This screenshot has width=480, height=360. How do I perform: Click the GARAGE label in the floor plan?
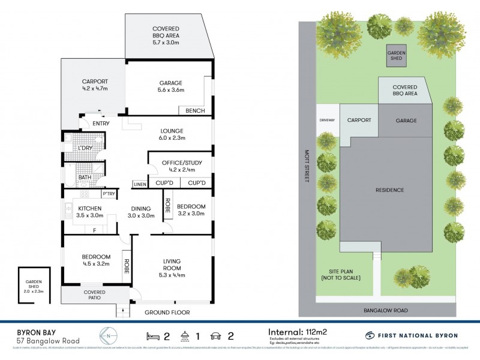tap(167, 83)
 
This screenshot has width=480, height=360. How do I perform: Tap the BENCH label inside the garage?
tap(196, 111)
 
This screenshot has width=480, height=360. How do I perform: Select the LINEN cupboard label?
tap(140, 184)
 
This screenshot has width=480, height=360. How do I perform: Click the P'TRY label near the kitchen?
tap(109, 194)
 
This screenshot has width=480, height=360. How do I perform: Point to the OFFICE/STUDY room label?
tap(182, 163)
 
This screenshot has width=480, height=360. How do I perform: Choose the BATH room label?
tap(84, 178)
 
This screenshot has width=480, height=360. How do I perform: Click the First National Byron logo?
tap(411, 335)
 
